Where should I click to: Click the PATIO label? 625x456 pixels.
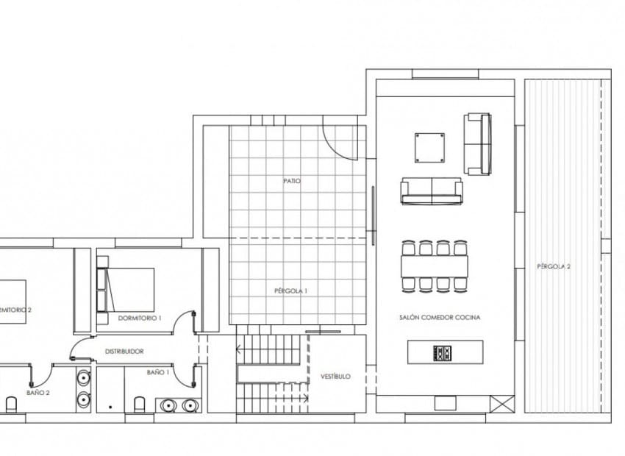tap(292, 180)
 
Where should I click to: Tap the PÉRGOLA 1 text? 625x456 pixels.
tap(292, 291)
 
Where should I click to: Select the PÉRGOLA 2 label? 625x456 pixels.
tap(554, 266)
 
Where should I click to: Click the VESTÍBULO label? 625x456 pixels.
tap(335, 376)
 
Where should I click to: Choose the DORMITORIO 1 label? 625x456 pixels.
tap(139, 318)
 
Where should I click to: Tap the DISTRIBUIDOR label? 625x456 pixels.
tap(124, 352)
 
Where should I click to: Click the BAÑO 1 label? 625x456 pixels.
tap(157, 373)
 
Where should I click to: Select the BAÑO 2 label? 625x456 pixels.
tap(37, 393)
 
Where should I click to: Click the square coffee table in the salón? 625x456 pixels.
tap(429, 148)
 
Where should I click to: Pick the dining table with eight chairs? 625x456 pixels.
tap(435, 265)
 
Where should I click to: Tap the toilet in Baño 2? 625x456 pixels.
tap(12, 404)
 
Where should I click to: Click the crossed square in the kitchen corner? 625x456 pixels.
tap(501, 403)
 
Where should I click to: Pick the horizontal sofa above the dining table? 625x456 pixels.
tap(432, 191)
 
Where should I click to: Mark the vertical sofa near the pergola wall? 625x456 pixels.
tap(477, 144)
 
